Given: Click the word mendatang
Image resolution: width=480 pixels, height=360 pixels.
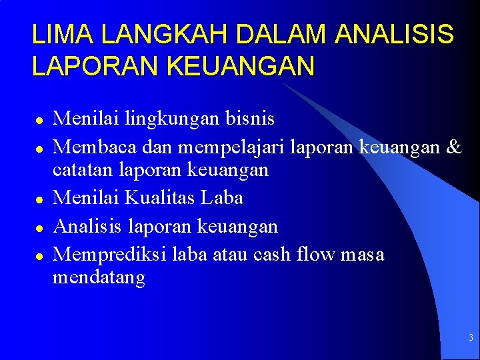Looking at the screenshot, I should click(x=99, y=277).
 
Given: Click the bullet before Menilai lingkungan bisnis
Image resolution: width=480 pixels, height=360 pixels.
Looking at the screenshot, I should click(x=39, y=121).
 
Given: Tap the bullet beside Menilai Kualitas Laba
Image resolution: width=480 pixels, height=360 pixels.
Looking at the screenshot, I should click(x=39, y=199).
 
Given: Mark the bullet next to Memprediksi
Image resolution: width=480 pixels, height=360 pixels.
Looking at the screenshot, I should click(x=39, y=255).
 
